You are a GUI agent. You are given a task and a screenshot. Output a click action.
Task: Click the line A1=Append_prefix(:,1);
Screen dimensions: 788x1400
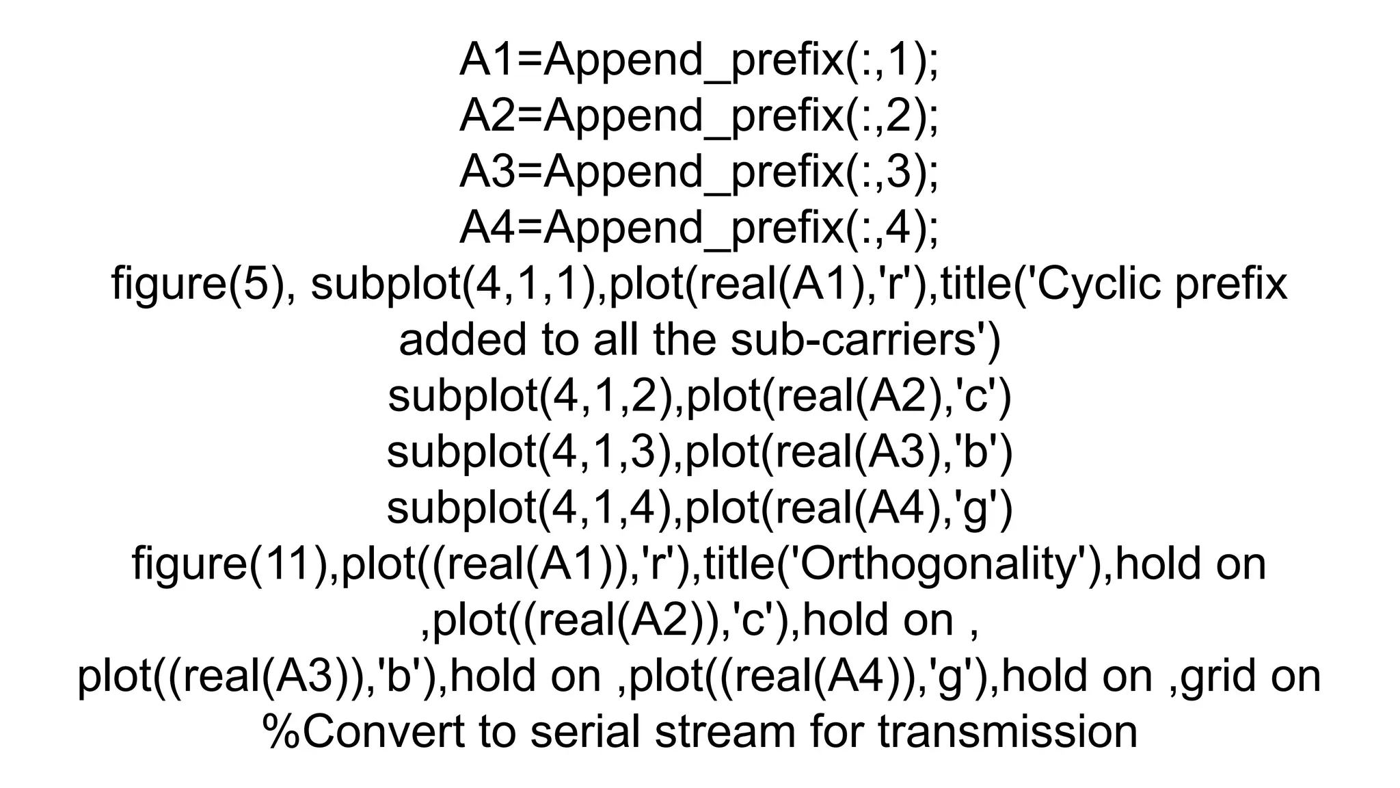(x=699, y=60)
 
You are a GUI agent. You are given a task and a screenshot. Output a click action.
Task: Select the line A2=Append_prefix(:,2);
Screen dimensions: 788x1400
(x=699, y=116)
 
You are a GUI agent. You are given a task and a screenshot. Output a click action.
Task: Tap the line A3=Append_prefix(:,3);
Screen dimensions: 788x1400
(x=699, y=172)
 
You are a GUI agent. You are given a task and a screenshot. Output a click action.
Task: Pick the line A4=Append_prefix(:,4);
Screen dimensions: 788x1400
(x=699, y=228)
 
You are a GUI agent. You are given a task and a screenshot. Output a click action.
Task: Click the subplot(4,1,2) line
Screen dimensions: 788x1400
(x=699, y=397)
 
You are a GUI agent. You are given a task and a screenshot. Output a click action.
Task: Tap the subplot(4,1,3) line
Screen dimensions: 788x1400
(x=699, y=453)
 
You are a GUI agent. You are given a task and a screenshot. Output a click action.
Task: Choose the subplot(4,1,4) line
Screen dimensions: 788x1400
(x=699, y=509)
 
